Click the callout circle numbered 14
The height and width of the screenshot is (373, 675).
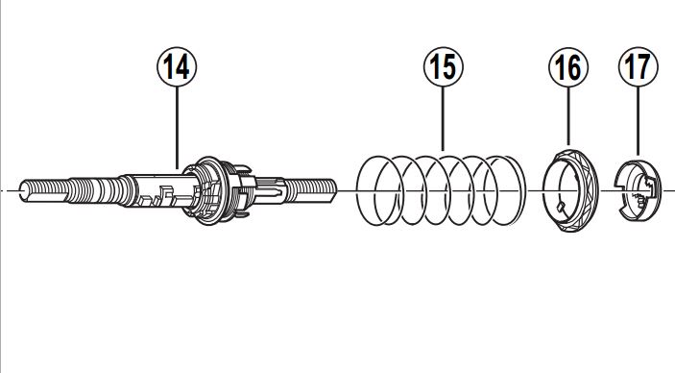point(177,67)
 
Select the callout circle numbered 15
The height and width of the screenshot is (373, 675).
point(444,67)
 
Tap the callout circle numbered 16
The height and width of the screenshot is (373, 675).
point(568,67)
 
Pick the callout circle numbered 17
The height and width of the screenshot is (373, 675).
point(638,67)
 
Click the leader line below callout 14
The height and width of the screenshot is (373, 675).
point(177,127)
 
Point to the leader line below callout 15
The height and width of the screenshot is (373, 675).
point(444,118)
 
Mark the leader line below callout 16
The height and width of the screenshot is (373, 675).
point(568,115)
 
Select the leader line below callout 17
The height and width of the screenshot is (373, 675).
point(638,121)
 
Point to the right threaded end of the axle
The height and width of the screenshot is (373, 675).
point(311,190)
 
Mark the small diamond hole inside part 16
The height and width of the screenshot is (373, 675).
point(561,207)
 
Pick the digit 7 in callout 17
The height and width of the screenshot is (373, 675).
point(644,67)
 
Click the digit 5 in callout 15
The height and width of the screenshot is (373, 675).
point(450,67)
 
